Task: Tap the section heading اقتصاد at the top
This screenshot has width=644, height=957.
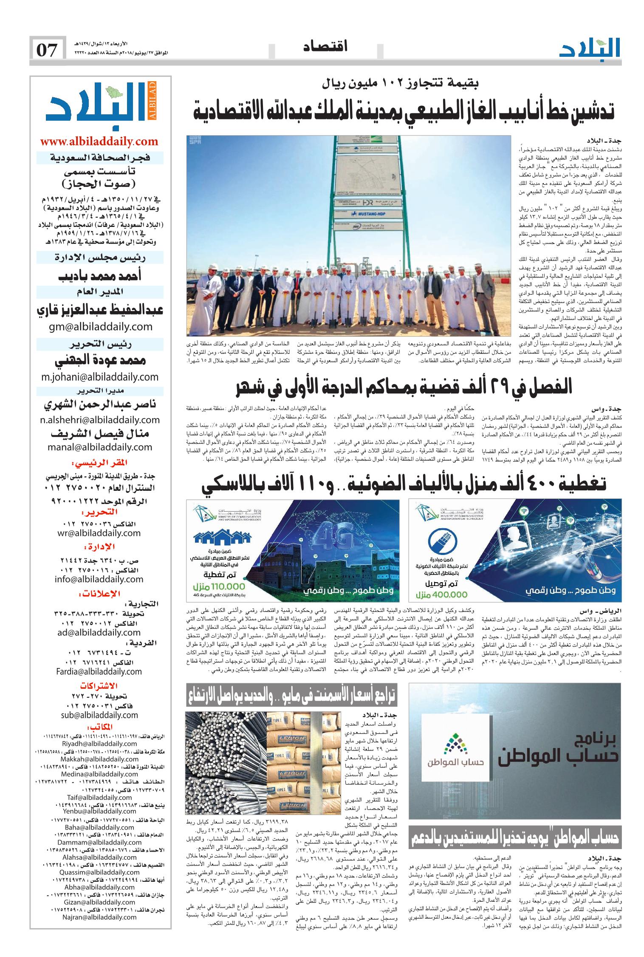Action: [x=325, y=47]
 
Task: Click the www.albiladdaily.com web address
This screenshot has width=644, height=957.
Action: [x=99, y=142]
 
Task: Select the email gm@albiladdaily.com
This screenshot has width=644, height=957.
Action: [x=99, y=326]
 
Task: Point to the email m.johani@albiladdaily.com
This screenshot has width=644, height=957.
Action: [x=99, y=377]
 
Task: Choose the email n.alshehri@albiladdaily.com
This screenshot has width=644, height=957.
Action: [x=99, y=420]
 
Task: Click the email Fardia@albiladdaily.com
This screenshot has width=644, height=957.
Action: [x=99, y=671]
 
